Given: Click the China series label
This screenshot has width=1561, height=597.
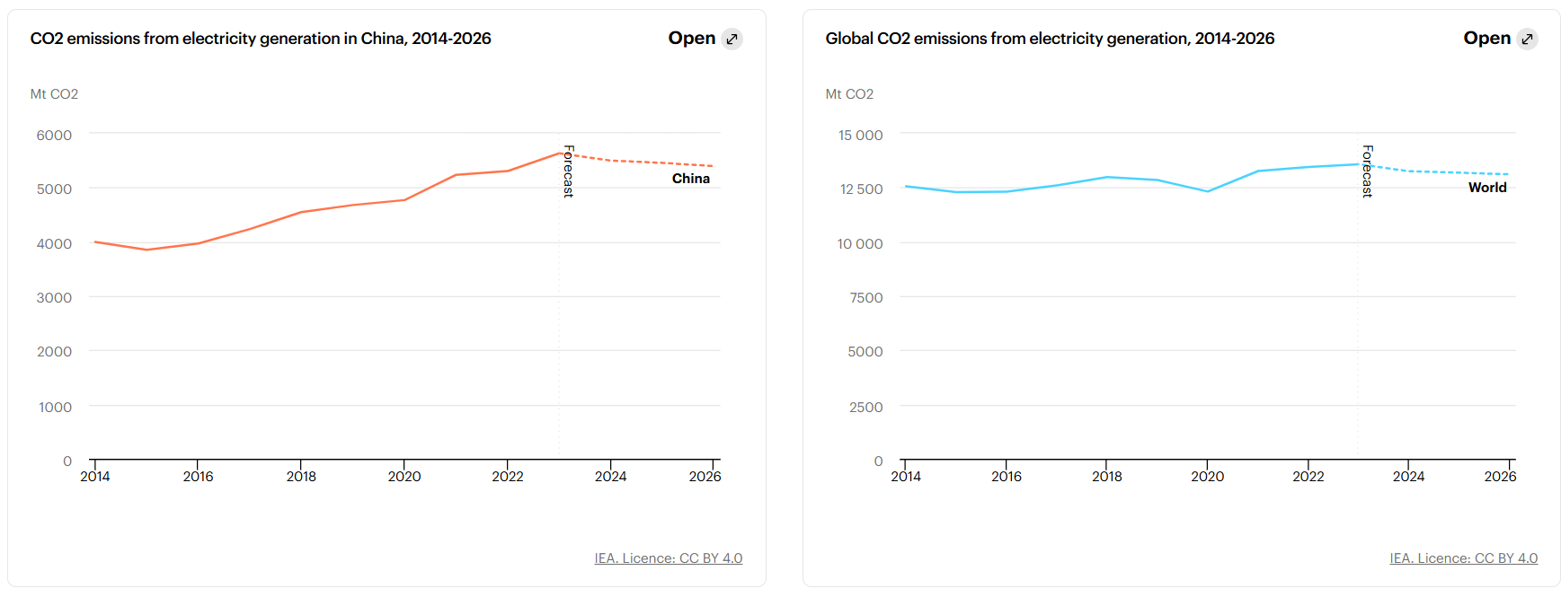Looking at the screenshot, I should (x=690, y=179).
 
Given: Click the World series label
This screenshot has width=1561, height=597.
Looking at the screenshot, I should (x=1486, y=188).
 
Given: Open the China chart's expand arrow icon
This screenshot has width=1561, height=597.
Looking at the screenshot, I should (x=732, y=39).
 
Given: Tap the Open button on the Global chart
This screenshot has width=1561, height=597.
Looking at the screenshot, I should (x=1486, y=39).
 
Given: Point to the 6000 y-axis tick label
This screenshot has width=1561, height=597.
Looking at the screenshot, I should (x=54, y=136).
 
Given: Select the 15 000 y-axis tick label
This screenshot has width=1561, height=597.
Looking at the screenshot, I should (x=860, y=136).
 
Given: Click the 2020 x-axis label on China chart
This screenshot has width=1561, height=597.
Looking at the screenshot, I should (x=404, y=477).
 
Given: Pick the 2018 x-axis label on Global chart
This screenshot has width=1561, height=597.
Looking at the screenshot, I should (x=1106, y=477).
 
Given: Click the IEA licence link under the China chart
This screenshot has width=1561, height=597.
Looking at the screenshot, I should (x=668, y=558).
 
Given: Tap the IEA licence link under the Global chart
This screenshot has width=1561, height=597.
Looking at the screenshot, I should (x=1463, y=558).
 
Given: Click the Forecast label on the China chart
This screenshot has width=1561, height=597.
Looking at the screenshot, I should (x=568, y=171).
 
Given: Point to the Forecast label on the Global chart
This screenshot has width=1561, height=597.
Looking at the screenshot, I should (x=1367, y=171).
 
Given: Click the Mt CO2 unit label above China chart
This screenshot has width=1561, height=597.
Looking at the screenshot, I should (x=54, y=94).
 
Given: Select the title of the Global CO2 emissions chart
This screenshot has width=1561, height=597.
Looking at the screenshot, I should (x=1050, y=39).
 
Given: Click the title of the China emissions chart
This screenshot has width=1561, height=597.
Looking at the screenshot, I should (x=261, y=39).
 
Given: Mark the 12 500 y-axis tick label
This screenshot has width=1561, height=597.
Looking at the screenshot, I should (x=861, y=189).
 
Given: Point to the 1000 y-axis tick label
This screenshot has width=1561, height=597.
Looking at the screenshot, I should (x=55, y=408).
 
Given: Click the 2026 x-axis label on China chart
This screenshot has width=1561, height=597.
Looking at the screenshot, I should (x=705, y=477).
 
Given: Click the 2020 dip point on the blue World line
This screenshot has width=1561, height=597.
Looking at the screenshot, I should (x=1207, y=191).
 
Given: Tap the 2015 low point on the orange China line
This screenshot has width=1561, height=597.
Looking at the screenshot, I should (x=146, y=250).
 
